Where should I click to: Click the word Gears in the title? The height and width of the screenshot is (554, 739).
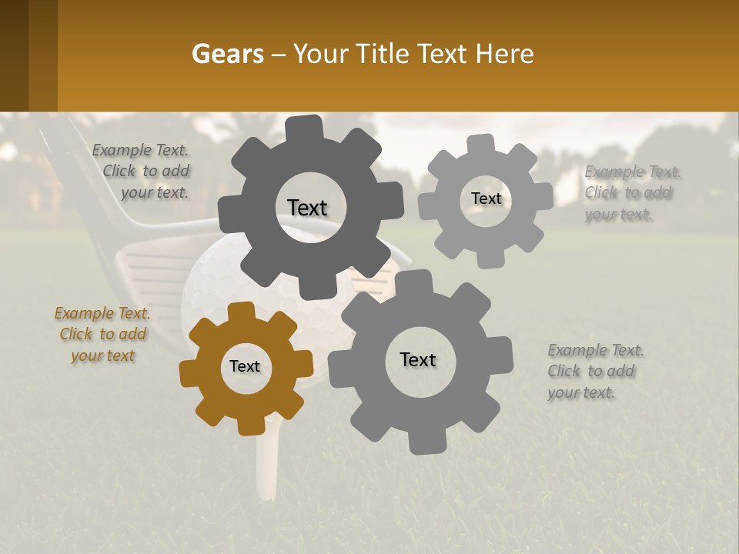(x=227, y=54)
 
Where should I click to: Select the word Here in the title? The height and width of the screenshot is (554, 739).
(x=505, y=54)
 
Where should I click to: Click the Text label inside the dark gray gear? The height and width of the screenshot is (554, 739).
(x=307, y=208)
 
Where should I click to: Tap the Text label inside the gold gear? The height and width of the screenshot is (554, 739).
(x=245, y=366)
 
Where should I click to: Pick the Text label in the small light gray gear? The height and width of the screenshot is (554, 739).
(x=486, y=199)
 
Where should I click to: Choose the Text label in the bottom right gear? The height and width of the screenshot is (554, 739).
(x=418, y=359)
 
